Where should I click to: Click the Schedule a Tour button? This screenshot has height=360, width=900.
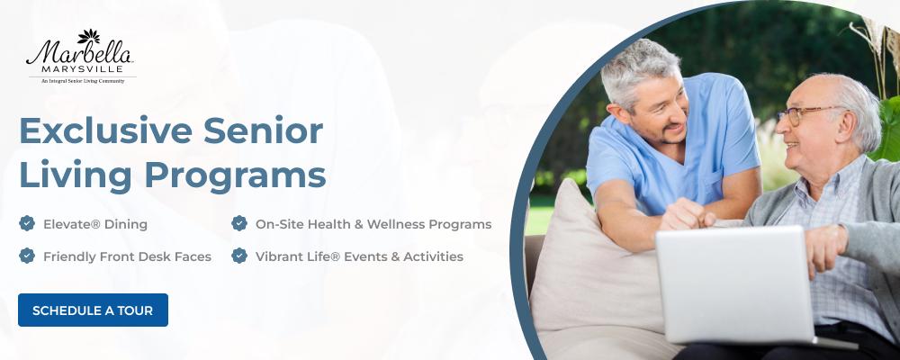93,310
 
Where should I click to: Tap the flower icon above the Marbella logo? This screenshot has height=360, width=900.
88,36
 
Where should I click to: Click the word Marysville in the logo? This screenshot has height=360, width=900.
82,69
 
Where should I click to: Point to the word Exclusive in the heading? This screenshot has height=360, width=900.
105,130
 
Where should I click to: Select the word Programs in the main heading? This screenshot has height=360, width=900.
235,176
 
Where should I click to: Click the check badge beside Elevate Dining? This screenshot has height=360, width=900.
27,223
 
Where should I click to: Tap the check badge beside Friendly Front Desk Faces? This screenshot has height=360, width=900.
27,256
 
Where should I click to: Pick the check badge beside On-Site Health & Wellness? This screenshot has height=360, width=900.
239,223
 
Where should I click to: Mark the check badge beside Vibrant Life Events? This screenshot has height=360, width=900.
239,256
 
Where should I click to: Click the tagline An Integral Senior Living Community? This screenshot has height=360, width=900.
83,82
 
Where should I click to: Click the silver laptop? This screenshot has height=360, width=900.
736,284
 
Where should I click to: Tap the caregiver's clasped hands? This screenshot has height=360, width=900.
688,215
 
